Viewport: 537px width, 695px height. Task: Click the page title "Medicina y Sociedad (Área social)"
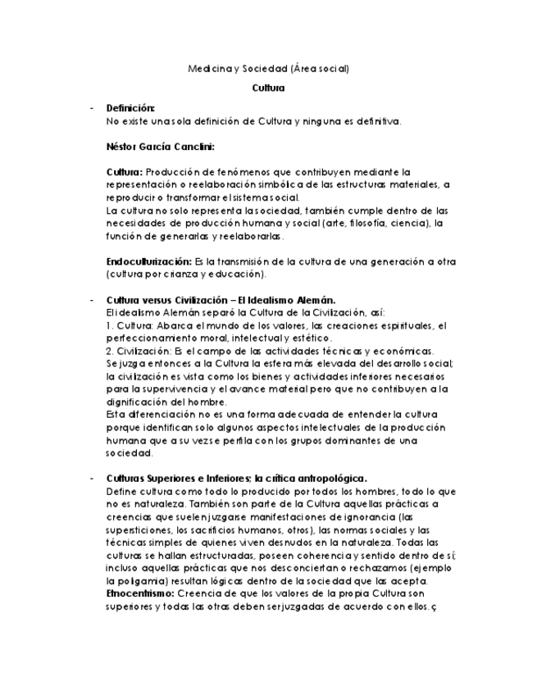point(268,69)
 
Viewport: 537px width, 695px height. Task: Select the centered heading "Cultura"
point(268,88)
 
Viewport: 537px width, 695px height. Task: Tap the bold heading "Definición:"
point(130,108)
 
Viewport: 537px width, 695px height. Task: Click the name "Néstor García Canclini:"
point(161,148)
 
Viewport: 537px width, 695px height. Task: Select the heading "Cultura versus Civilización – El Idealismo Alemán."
point(221,300)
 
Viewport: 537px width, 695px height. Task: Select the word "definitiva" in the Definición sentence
point(375,121)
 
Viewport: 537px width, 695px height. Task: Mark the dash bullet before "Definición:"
point(92,108)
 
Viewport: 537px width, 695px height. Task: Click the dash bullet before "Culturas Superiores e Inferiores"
point(92,479)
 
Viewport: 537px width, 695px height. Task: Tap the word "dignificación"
point(138,402)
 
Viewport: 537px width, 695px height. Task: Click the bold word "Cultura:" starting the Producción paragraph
point(125,172)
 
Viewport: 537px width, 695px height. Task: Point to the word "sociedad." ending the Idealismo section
point(130,452)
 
